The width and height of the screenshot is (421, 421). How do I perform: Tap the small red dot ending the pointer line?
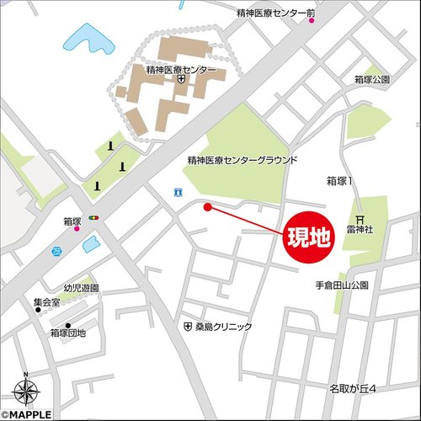click(207, 206)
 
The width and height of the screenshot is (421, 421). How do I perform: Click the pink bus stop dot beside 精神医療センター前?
click(312, 21)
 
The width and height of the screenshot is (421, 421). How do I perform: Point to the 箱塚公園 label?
click(372, 78)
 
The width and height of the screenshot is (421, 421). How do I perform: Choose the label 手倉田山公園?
click(342, 285)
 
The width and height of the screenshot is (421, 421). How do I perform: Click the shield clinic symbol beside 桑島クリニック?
click(187, 326)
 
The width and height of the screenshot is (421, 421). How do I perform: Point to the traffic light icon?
click(93, 218)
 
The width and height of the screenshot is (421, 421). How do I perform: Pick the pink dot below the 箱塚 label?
click(77, 228)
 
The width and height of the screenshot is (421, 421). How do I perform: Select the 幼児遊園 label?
click(82, 288)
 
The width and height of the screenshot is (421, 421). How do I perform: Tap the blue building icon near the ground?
click(177, 193)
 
